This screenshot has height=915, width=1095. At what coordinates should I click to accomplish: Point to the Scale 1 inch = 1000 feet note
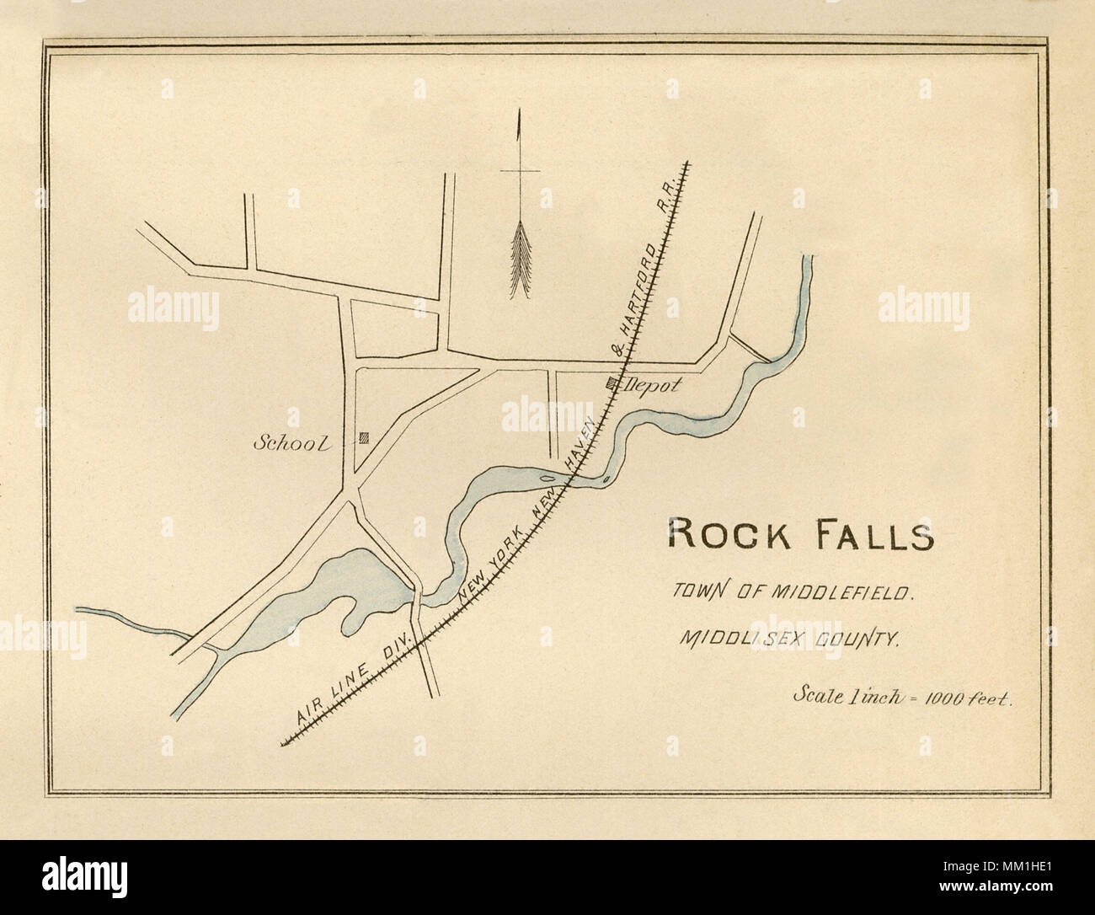[x=902, y=697]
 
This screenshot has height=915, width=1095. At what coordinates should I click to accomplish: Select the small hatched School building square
[x=365, y=436]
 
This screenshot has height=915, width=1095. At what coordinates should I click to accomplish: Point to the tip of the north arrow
[x=521, y=114]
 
